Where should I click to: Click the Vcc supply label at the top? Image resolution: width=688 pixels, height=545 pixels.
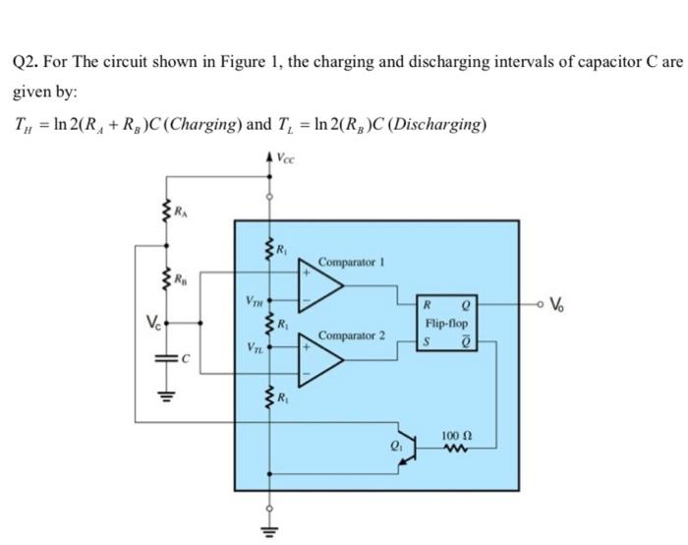click(283, 155)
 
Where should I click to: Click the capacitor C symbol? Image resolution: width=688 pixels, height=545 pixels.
click(165, 362)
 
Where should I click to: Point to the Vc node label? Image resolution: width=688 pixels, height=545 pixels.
click(148, 321)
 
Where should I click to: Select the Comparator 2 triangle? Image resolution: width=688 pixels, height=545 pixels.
click(321, 360)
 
